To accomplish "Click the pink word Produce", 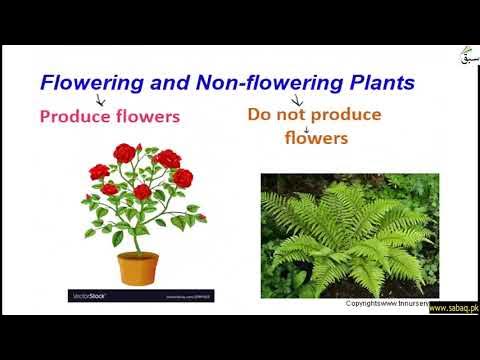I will [75, 116].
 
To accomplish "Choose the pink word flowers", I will [147, 116].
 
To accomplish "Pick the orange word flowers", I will [315, 138].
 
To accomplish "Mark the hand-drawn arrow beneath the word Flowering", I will [99, 99].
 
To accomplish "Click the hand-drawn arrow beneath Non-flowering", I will [297, 99].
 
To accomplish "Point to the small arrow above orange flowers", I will [307, 128].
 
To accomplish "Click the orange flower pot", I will [138, 267].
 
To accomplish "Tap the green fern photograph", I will [349, 234].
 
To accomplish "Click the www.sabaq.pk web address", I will [454, 308].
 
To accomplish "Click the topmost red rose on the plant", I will [124, 152].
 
